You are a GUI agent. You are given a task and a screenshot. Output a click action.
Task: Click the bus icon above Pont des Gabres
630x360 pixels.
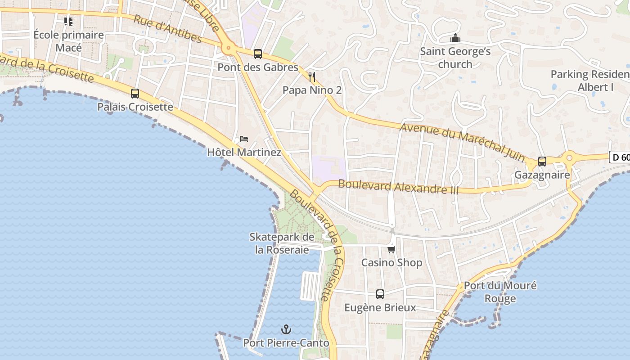258,54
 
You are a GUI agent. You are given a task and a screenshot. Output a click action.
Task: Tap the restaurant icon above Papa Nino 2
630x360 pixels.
312,77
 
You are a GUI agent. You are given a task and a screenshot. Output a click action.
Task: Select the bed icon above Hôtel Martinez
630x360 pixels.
244,139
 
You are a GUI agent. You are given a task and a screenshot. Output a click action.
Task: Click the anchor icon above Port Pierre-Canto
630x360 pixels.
286,330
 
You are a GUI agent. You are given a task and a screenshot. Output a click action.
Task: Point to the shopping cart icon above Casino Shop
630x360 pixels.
391,249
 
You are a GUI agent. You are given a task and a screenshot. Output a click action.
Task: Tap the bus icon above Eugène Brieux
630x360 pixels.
380,294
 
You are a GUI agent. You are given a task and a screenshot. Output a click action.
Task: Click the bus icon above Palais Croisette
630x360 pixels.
135,94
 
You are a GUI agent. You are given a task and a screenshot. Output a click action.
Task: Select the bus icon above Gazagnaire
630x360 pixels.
542,162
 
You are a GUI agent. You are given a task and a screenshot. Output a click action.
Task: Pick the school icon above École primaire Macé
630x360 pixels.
68,21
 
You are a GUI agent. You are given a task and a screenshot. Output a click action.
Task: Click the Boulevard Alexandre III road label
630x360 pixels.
398,186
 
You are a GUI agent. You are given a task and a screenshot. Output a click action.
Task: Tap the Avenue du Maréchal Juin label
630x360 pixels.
462,141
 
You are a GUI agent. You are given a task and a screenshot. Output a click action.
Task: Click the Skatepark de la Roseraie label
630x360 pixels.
282,243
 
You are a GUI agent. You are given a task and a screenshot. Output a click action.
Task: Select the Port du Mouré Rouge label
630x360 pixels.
500,292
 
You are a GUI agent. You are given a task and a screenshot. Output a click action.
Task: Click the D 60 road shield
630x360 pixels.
620,157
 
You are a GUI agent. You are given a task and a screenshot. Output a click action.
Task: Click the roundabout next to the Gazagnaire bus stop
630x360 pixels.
569,158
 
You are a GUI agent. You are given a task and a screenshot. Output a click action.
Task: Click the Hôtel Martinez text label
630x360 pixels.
244,153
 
